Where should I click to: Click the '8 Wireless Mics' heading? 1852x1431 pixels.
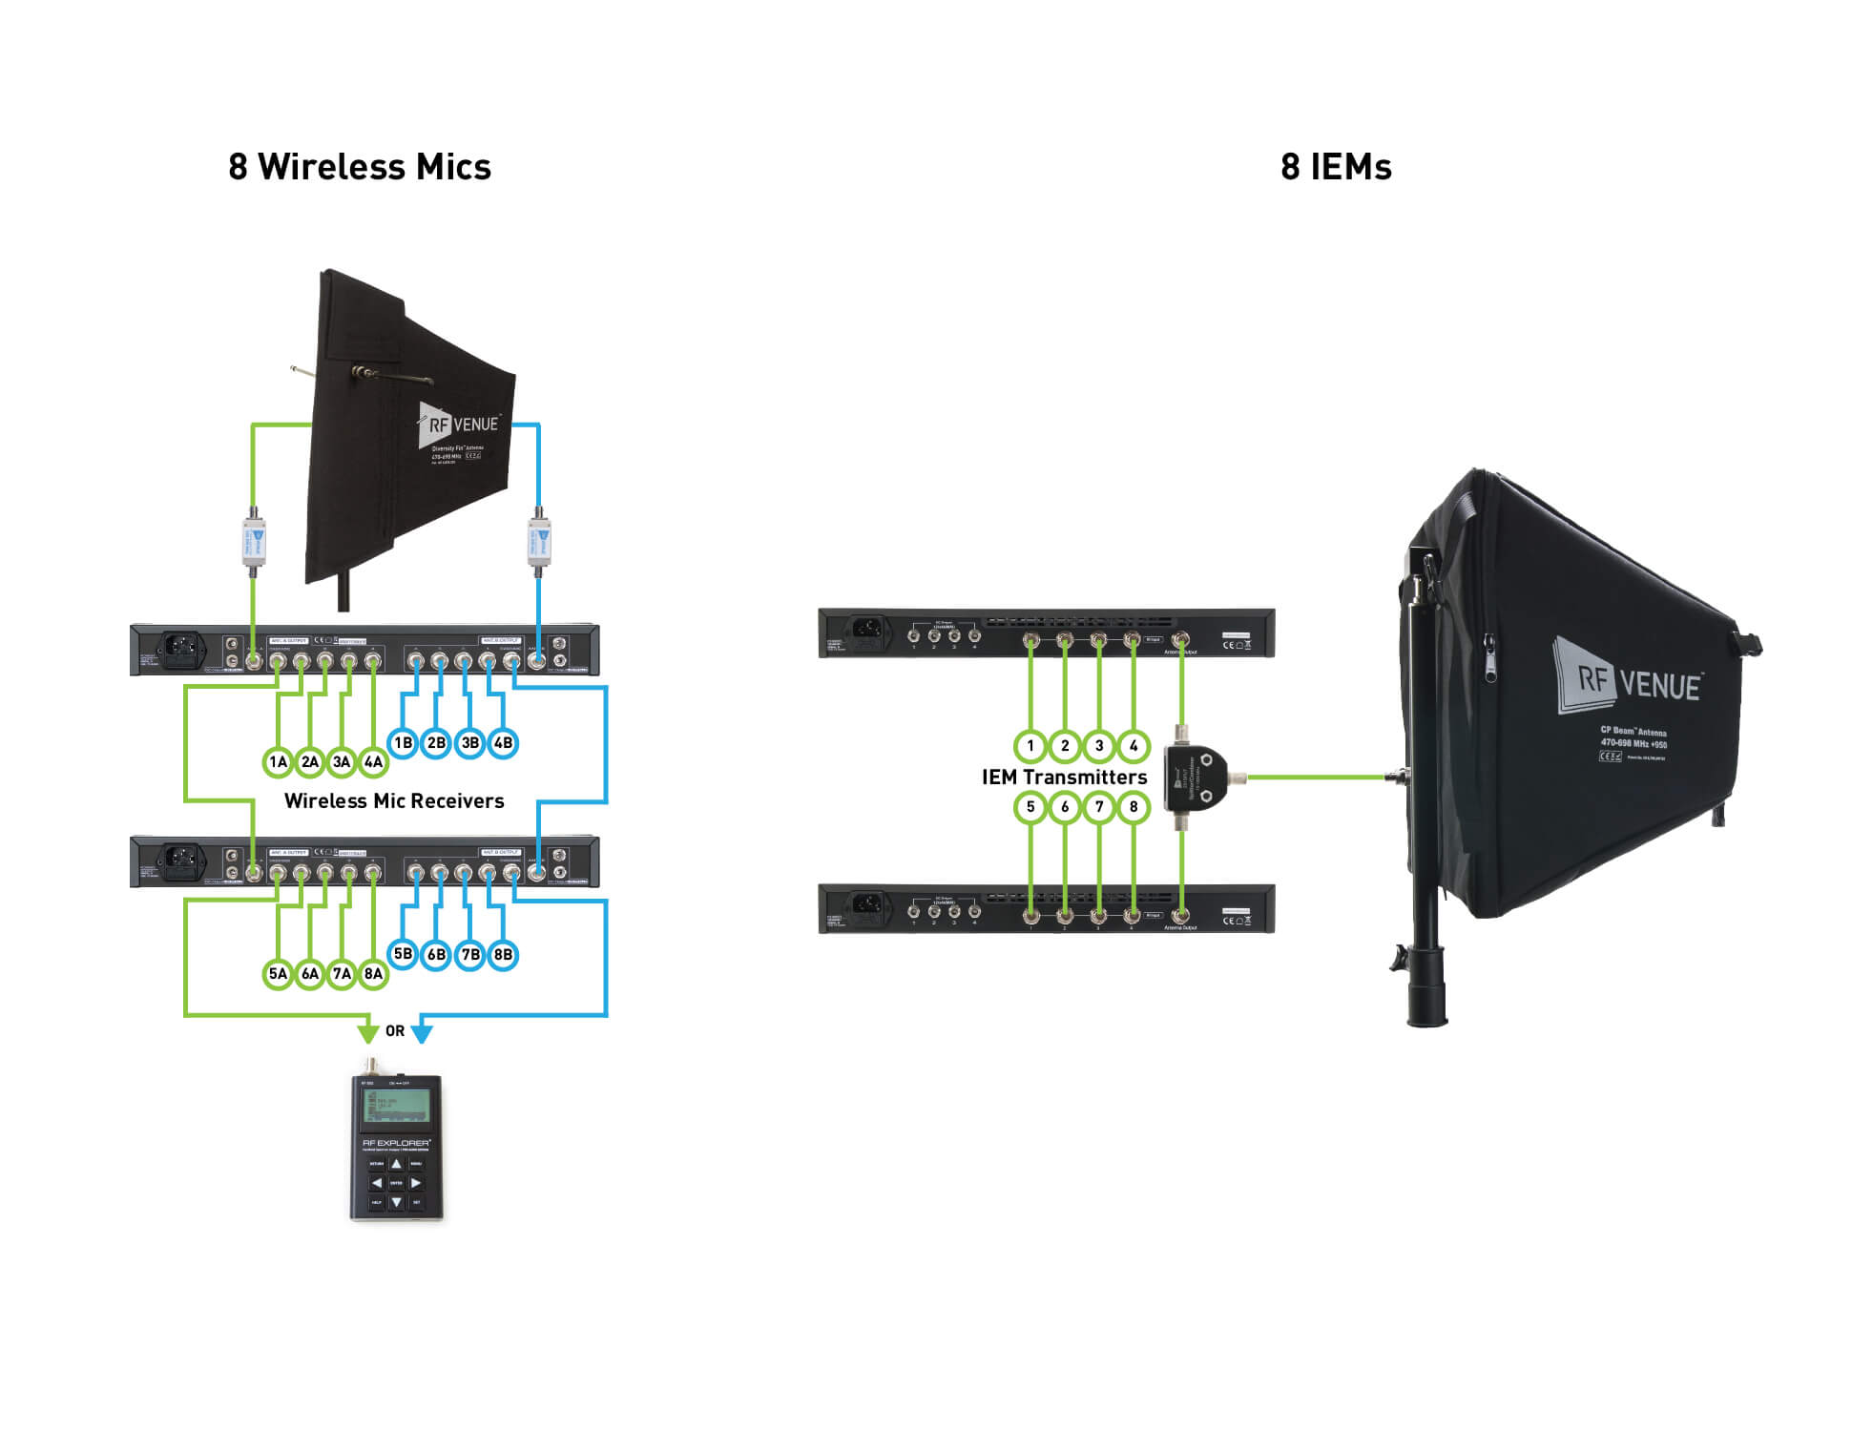coord(359,167)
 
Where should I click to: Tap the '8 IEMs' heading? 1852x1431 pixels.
coord(1335,167)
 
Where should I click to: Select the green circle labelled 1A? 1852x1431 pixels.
coord(278,761)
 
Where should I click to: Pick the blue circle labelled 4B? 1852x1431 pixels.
coord(503,742)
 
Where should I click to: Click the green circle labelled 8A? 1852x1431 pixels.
coord(373,973)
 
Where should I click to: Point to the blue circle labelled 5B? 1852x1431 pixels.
coord(403,954)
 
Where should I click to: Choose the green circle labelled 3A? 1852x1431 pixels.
coord(342,761)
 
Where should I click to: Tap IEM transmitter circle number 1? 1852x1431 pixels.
coord(1030,746)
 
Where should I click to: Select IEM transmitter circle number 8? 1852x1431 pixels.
coord(1134,807)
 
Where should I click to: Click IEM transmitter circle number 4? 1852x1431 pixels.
coord(1134,746)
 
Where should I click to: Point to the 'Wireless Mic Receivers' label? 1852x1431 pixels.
coord(394,801)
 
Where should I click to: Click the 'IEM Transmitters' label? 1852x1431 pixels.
coord(1064,778)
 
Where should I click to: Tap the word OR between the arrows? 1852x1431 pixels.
coord(395,1031)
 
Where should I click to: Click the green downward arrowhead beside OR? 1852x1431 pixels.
coord(367,1032)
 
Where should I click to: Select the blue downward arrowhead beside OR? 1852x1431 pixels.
coord(422,1032)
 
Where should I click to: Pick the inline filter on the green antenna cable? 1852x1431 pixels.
coord(253,542)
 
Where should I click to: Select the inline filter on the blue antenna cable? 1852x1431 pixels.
coord(539,542)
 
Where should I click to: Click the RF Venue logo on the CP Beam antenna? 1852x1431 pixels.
coord(1628,679)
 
